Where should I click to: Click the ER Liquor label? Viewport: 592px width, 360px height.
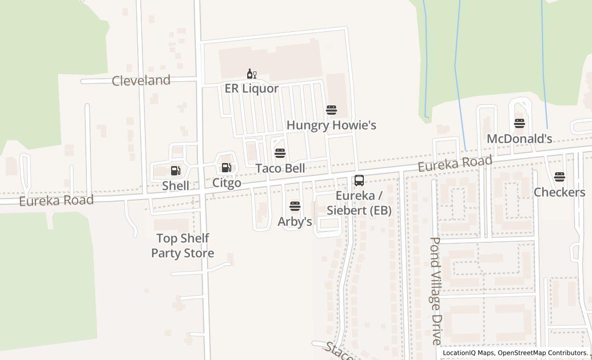click(x=251, y=88)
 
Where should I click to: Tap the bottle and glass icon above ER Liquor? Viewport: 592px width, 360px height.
click(x=251, y=74)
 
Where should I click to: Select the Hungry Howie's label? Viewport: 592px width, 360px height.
click(x=331, y=125)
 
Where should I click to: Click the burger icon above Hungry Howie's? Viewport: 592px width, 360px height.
click(x=331, y=110)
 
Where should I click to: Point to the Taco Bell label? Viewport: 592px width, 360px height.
click(x=280, y=168)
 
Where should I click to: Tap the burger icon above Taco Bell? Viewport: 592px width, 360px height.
click(x=280, y=153)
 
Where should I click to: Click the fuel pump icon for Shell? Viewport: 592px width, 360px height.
click(x=175, y=171)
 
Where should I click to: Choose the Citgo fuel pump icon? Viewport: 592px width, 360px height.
click(x=226, y=168)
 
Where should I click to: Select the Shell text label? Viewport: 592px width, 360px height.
click(x=176, y=186)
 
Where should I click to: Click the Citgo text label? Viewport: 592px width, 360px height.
click(x=227, y=183)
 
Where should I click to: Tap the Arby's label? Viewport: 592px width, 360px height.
click(x=295, y=222)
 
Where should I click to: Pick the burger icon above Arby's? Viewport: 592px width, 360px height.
click(x=295, y=207)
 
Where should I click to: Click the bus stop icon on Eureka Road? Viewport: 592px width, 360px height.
click(x=359, y=181)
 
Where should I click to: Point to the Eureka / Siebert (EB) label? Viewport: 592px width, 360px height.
click(x=359, y=203)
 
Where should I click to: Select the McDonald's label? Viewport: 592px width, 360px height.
click(x=519, y=138)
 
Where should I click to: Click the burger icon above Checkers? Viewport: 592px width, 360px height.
click(x=560, y=177)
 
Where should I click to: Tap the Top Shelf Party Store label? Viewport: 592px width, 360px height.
click(x=182, y=246)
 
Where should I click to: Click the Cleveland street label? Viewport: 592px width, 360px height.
click(x=141, y=81)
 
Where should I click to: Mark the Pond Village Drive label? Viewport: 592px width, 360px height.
click(x=435, y=291)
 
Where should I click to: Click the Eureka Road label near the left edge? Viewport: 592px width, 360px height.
click(x=56, y=200)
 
